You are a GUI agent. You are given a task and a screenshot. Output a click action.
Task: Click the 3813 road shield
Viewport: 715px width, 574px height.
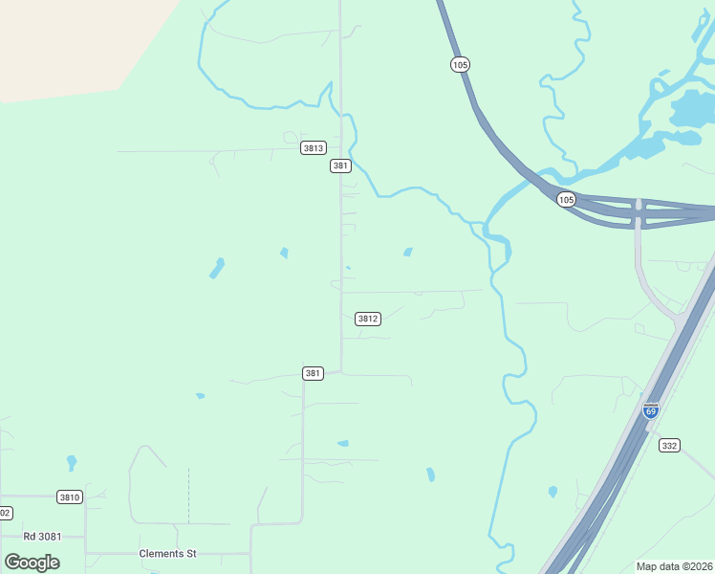click(314, 147)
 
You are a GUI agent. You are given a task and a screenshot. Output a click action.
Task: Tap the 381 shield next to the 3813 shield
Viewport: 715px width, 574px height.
click(340, 166)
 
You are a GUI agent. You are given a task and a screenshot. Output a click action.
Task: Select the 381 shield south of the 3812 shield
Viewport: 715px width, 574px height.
click(313, 373)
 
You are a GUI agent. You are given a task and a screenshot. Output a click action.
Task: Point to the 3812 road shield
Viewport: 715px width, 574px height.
click(368, 319)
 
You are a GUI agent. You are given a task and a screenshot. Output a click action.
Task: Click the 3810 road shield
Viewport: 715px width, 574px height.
click(70, 497)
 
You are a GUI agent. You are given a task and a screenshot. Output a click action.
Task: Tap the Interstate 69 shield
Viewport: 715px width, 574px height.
click(651, 410)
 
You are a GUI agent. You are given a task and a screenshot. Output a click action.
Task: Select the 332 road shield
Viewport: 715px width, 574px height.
click(669, 445)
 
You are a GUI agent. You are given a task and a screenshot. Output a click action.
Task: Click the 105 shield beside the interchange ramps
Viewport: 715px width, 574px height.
click(567, 199)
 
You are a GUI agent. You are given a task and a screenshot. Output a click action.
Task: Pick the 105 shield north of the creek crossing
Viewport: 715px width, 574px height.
click(461, 64)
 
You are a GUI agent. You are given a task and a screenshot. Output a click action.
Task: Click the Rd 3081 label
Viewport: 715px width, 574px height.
click(42, 536)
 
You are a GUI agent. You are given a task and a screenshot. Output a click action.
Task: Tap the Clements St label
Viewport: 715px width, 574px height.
click(167, 553)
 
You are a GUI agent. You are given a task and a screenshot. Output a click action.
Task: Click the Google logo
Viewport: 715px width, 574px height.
click(32, 562)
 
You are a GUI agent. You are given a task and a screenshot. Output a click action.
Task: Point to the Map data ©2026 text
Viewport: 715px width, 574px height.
click(674, 566)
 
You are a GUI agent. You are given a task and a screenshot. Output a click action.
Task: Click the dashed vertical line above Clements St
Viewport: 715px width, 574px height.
click(188, 496)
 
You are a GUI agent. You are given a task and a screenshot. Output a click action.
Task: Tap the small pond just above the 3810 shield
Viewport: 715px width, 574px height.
click(72, 462)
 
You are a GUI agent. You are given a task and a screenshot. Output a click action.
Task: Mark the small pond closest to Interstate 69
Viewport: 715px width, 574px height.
click(552, 492)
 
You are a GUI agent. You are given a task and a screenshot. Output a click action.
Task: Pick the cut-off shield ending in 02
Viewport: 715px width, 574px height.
click(5, 513)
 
